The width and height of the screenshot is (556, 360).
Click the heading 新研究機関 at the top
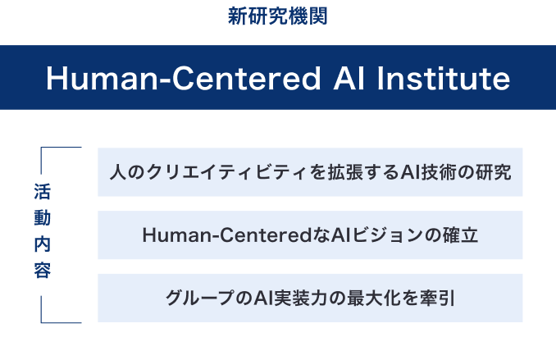[x=277, y=16]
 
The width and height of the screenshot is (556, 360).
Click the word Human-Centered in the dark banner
[x=184, y=78]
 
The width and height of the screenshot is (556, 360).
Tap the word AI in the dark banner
[x=349, y=78]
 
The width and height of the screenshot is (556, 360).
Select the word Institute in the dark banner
[x=443, y=78]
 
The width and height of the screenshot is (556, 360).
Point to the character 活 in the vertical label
[x=42, y=192]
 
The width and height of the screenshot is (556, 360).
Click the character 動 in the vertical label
[x=42, y=218]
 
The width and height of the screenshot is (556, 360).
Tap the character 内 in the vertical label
[x=42, y=244]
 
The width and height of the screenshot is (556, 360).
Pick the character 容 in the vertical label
[x=42, y=271]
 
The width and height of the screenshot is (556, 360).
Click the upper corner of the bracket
[x=42, y=147]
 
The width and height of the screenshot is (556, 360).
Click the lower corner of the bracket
[x=42, y=322]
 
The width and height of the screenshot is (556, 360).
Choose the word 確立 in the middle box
[x=460, y=235]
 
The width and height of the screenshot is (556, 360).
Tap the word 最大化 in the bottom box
[x=374, y=298]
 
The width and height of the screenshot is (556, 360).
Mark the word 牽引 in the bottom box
[x=437, y=298]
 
